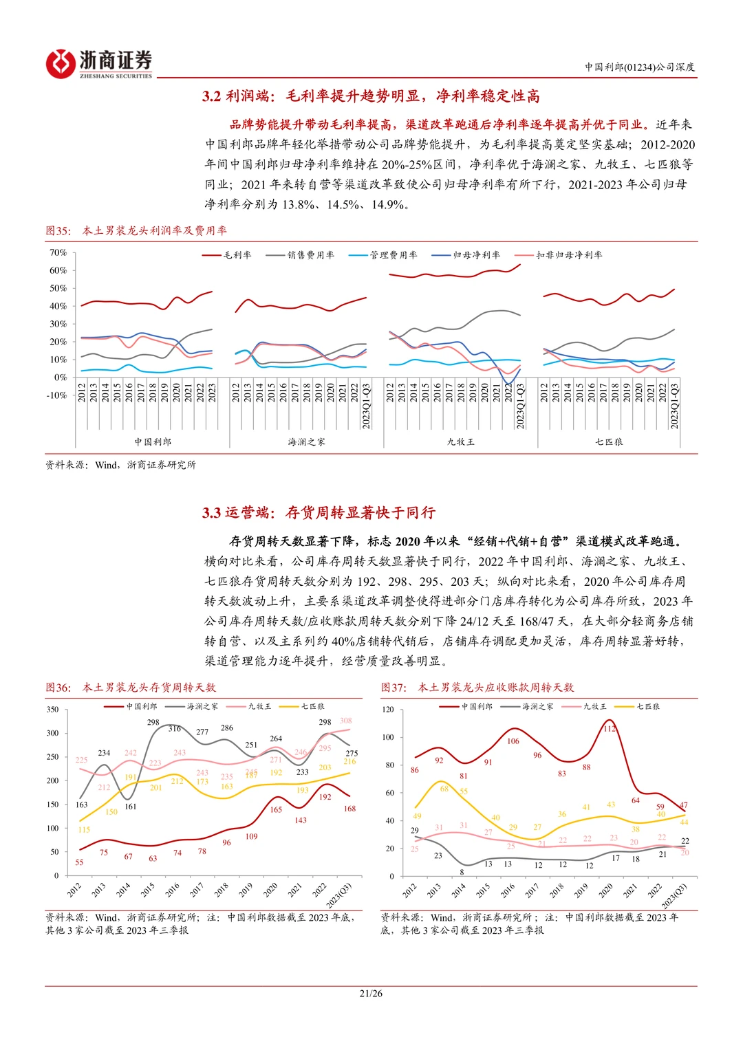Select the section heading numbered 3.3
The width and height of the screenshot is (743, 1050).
click(319, 512)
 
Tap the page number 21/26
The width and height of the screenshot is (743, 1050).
click(371, 993)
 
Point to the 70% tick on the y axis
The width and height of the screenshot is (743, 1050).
click(58, 252)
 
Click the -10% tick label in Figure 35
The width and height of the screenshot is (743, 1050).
click(56, 395)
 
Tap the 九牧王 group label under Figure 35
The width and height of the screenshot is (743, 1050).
click(460, 441)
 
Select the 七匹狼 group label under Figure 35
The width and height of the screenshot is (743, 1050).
click(609, 441)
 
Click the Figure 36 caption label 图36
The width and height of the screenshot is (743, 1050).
click(58, 687)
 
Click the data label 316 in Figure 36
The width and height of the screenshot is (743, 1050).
click(175, 728)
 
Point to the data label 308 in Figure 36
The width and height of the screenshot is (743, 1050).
click(345, 721)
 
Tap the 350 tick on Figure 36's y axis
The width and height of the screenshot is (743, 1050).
click(52, 710)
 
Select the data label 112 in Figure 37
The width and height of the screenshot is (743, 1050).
click(610, 729)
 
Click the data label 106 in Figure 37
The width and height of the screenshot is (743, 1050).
click(513, 741)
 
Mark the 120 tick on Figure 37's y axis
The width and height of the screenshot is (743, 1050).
click(388, 710)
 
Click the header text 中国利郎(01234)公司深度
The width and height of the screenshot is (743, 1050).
click(640, 67)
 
